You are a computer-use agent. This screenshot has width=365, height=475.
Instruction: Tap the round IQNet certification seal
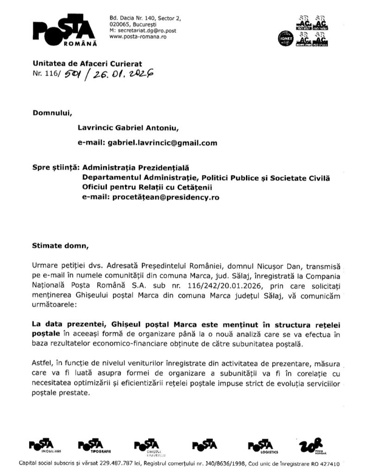[x=284, y=38]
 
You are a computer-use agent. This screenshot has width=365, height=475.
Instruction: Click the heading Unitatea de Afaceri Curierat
[x=86, y=63]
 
